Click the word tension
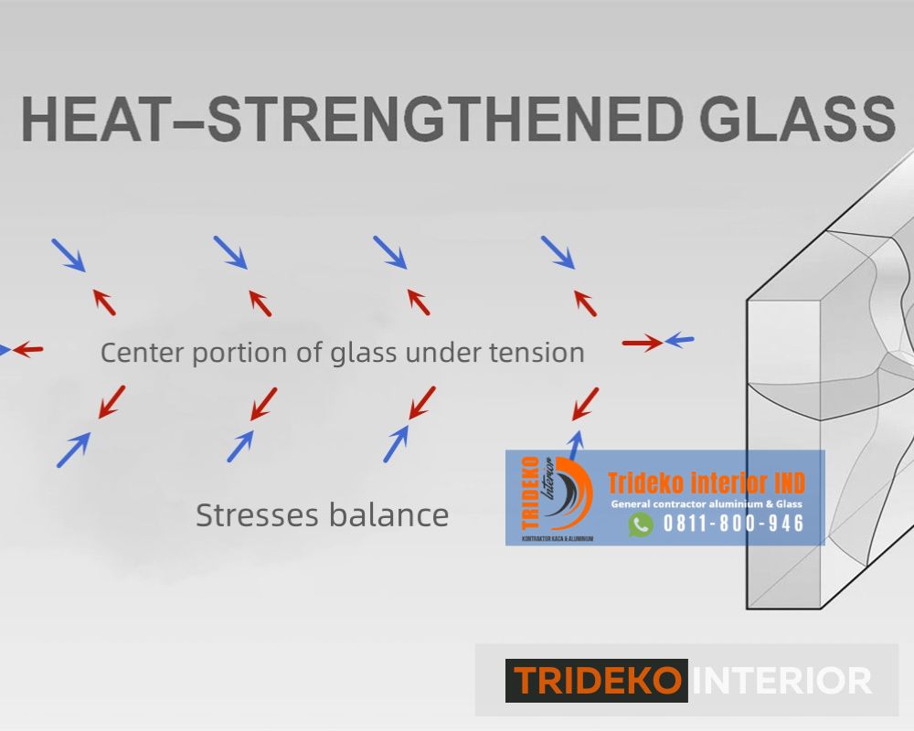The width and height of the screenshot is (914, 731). (538, 352)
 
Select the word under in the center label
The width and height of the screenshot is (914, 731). (444, 352)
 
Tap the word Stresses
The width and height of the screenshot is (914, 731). (255, 515)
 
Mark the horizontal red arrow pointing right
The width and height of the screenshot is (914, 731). (642, 344)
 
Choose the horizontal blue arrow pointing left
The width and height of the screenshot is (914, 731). (679, 341)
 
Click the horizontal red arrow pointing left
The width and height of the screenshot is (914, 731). (28, 349)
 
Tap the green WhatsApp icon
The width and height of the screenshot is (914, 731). (641, 524)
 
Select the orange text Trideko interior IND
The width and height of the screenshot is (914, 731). (707, 482)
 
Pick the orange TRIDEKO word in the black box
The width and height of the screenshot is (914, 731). (596, 681)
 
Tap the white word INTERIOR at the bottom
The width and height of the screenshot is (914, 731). (782, 681)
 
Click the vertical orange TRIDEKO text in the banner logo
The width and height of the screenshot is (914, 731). (530, 495)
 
